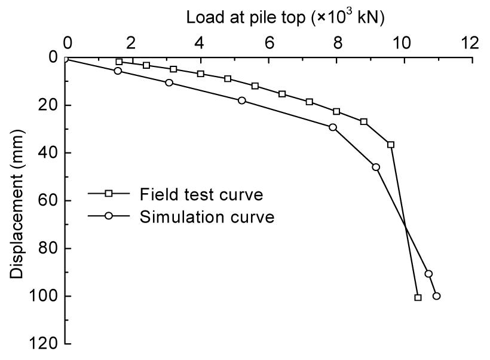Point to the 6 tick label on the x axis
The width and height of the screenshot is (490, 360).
269,43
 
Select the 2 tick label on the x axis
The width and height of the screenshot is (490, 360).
133,43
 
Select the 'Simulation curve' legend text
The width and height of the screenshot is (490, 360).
207,216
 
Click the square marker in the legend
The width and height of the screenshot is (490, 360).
109,193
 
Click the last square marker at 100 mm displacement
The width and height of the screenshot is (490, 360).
418,297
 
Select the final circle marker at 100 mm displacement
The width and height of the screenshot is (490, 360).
436,296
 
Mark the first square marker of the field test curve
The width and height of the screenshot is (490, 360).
119,62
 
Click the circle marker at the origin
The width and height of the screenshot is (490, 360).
66,58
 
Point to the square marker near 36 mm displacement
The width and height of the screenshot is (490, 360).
391,145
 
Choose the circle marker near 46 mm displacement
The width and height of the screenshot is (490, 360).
376,167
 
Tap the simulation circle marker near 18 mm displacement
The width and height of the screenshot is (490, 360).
241,100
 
